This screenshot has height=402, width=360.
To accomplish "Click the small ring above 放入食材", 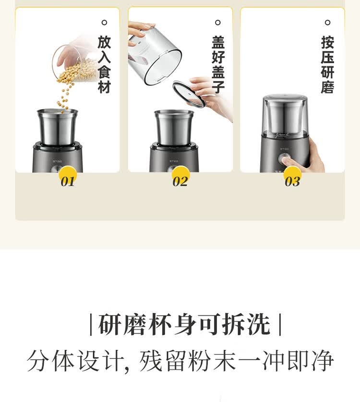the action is [x=104, y=23].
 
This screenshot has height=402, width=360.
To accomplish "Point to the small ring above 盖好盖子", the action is [x=217, y=23].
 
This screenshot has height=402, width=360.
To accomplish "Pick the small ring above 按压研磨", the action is [x=327, y=23].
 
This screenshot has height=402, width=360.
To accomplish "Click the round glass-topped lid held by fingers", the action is [x=189, y=94].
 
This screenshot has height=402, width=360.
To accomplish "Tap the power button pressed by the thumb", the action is [x=284, y=159].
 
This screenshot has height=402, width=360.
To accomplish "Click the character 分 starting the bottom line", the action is [x=38, y=361].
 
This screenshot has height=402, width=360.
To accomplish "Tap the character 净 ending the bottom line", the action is [x=322, y=361].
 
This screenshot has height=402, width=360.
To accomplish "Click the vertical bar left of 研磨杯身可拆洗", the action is [x=91, y=324].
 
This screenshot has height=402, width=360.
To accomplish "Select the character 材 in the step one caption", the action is [x=104, y=86].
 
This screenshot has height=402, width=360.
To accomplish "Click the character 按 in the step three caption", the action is [x=328, y=42].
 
